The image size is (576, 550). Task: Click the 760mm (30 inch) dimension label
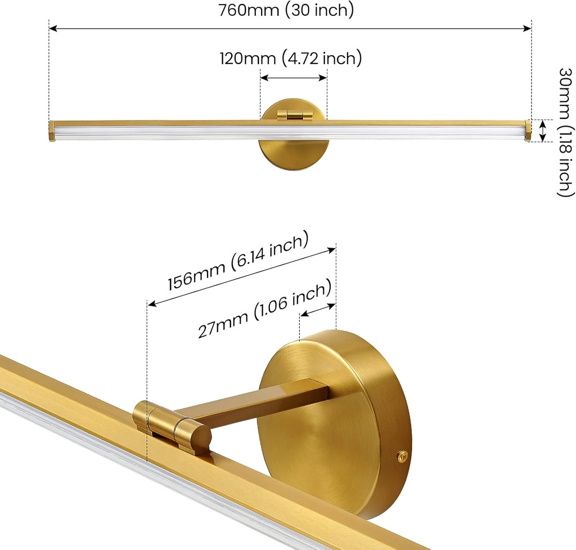286,10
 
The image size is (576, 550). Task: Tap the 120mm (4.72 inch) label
290,57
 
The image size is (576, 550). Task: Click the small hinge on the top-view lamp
294,115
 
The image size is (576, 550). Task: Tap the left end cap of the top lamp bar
52,131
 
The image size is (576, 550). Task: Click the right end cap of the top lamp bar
528,131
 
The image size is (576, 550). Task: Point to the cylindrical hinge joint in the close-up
172,426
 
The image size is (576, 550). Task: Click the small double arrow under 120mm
294,78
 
